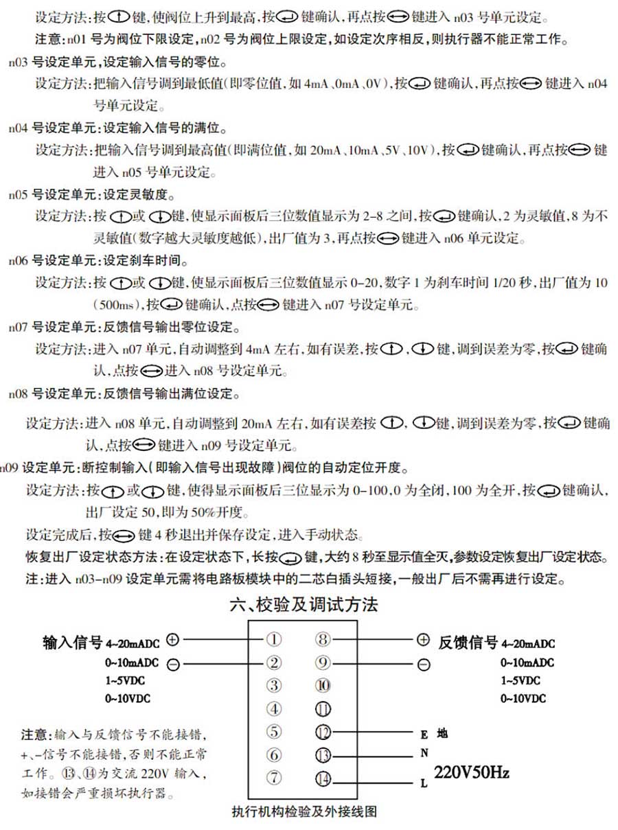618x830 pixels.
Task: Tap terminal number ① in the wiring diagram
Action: (x=273, y=640)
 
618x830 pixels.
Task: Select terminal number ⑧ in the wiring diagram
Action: (x=323, y=640)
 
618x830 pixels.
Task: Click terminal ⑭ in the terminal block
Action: (x=323, y=779)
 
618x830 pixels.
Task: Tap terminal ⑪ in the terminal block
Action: (x=323, y=710)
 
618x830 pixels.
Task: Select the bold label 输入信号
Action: (x=72, y=643)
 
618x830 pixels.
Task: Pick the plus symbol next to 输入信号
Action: (x=172, y=639)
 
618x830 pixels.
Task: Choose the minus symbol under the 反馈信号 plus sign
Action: (x=423, y=664)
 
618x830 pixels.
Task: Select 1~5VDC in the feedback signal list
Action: (x=520, y=680)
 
